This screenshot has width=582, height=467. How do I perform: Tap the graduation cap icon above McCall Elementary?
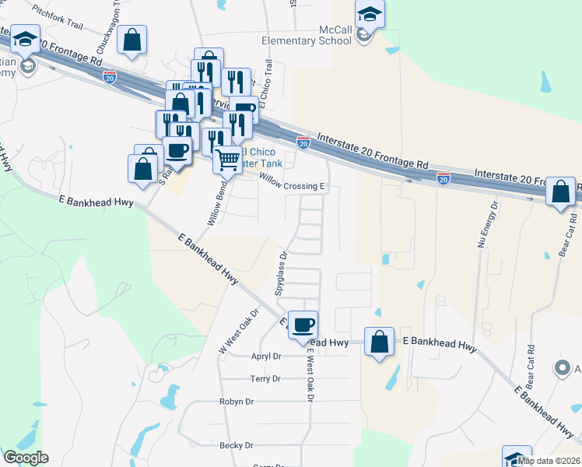[370, 13]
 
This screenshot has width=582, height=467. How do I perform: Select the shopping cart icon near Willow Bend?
[228, 160]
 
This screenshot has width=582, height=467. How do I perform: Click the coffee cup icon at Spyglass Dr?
[303, 324]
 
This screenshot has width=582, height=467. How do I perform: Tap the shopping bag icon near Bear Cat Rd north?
[560, 191]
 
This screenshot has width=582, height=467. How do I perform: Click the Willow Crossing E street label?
[290, 187]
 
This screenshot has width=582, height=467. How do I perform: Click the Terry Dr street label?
[265, 379]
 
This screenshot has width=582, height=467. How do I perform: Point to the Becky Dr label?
[237, 445]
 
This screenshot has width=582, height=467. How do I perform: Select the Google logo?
[26, 458]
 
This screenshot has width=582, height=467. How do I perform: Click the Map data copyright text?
[549, 460]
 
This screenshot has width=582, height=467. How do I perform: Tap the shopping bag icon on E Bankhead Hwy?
[379, 342]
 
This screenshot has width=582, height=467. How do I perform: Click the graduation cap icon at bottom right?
[517, 458]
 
